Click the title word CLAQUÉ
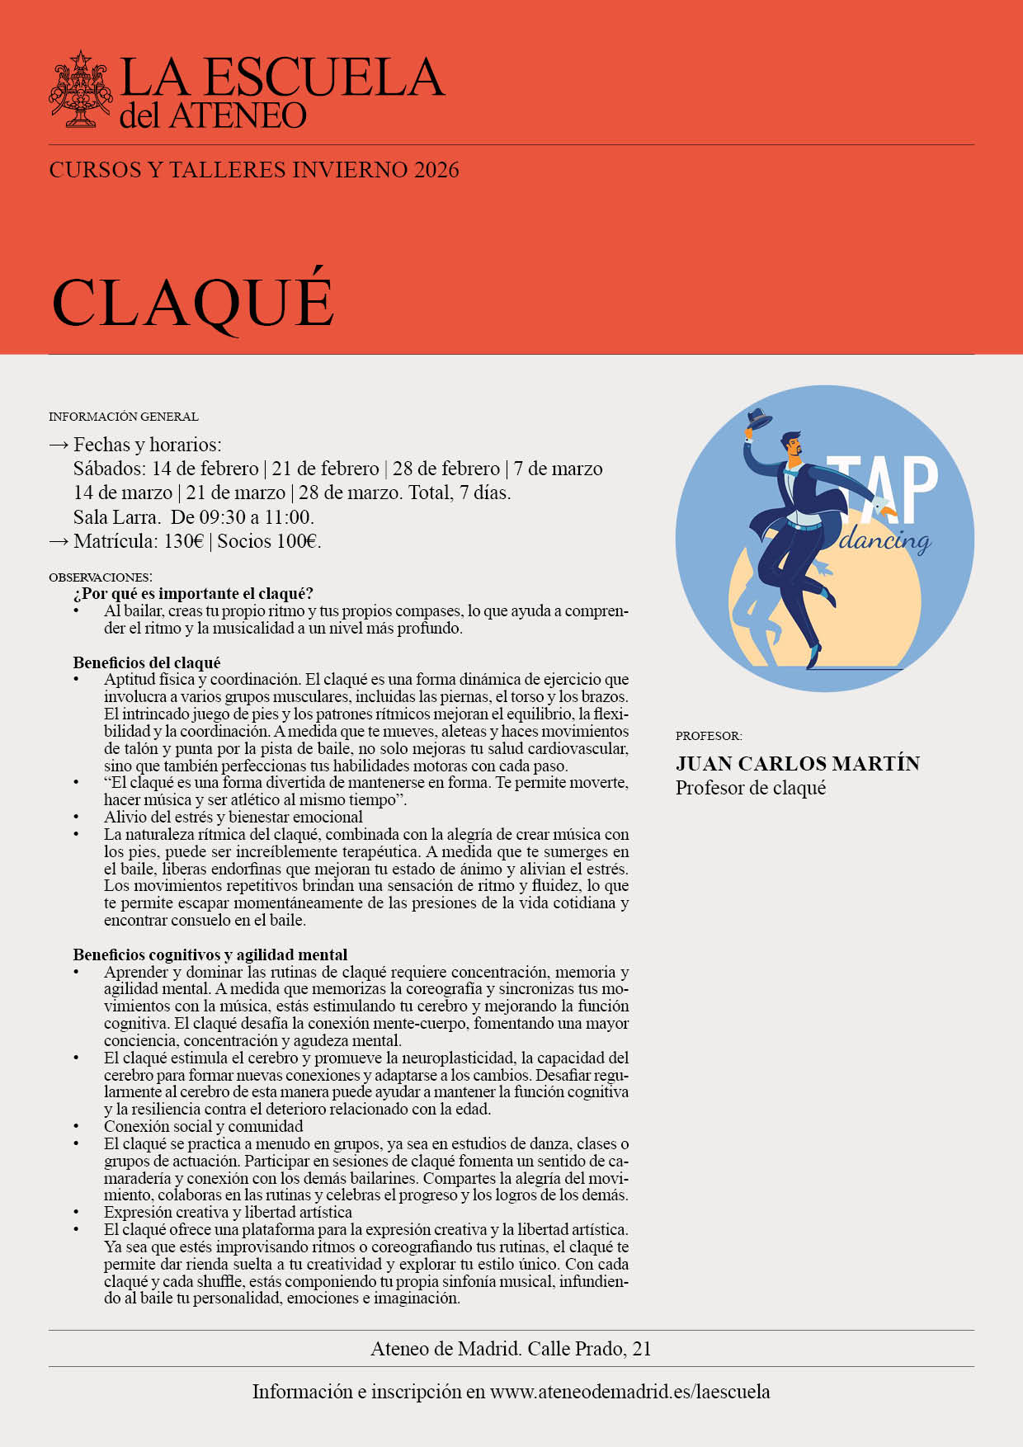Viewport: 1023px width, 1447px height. pos(193,302)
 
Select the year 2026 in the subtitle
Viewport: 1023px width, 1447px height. pos(436,170)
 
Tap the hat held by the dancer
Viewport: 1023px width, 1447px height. pos(759,419)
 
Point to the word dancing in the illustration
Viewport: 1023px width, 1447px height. pos(884,540)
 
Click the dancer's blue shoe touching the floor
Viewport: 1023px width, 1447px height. pos(815,656)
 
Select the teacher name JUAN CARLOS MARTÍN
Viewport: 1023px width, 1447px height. pos(797,763)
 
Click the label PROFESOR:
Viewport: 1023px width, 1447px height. pos(709,736)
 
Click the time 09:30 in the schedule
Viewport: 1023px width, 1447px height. pos(223,517)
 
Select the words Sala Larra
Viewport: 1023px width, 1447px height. pos(115,517)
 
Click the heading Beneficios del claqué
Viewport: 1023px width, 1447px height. pos(147,662)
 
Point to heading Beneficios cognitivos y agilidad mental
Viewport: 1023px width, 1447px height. pos(210,954)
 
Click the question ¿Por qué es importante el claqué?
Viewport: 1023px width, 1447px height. pos(193,594)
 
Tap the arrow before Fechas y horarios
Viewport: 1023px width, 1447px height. pos(59,445)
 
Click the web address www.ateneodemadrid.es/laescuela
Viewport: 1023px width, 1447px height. pos(629,1392)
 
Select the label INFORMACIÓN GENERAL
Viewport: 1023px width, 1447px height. pos(124,417)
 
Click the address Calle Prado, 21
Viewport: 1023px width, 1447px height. pos(589,1349)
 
